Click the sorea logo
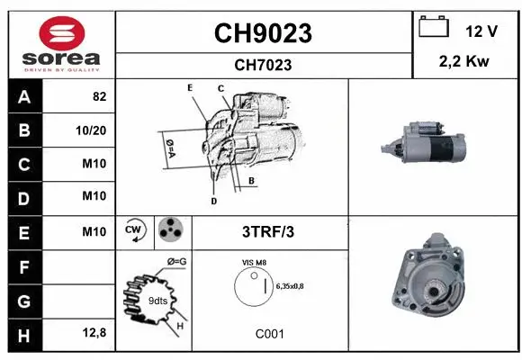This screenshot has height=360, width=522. (x=59, y=45)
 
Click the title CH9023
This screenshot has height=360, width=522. (x=262, y=33)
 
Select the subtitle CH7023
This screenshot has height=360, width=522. (x=262, y=65)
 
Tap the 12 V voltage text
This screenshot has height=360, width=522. (x=481, y=31)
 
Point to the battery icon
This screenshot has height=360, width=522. (x=434, y=28)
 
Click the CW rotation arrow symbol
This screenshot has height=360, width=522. (x=135, y=230)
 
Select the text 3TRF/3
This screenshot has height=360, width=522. (x=268, y=231)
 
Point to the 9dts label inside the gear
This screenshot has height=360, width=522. (x=157, y=301)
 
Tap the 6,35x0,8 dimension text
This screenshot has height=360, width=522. (x=290, y=286)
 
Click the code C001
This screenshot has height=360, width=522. (x=269, y=334)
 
